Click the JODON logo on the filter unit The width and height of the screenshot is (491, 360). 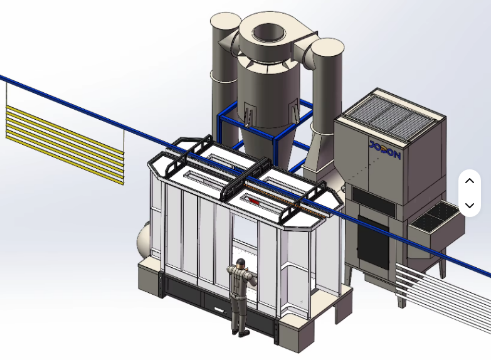(384, 150)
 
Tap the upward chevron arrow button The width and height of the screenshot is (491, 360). (470, 181)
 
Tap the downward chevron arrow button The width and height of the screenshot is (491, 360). (470, 205)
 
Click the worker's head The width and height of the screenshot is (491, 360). (241, 263)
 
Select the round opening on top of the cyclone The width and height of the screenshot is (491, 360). (268, 32)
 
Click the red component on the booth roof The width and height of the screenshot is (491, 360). (253, 201)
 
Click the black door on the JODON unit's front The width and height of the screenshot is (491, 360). (373, 243)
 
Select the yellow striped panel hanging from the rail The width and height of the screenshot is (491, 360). (65, 144)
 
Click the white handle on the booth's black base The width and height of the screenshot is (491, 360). (219, 310)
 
